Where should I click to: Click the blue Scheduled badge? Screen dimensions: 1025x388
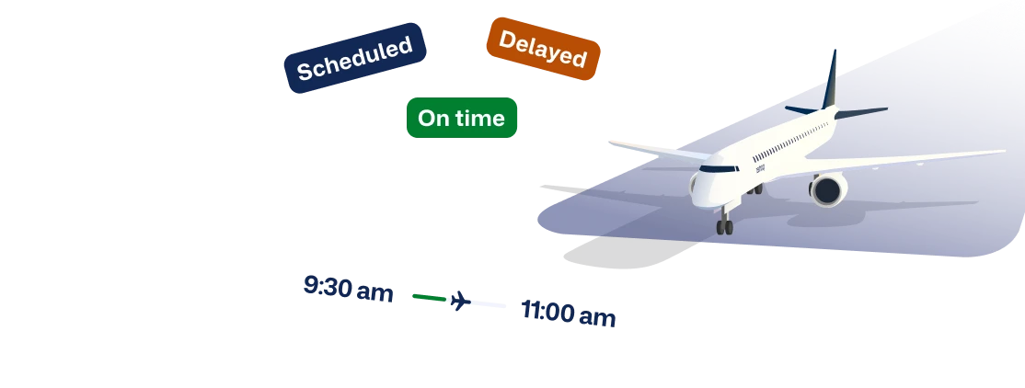355,58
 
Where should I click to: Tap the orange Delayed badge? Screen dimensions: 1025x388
543,48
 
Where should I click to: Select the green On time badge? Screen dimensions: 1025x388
462,118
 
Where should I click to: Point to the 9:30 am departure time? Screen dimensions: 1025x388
349,289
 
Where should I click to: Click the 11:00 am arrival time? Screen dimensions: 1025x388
569,314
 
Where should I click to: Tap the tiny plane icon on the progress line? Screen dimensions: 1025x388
457,301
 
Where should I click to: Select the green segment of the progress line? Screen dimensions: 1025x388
429,297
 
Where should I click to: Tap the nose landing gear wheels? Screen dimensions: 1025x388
725,226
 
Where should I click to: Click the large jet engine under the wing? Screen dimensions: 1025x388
828,190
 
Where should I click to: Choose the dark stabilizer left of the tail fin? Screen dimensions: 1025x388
800,109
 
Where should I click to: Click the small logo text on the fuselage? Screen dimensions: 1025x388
760,168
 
